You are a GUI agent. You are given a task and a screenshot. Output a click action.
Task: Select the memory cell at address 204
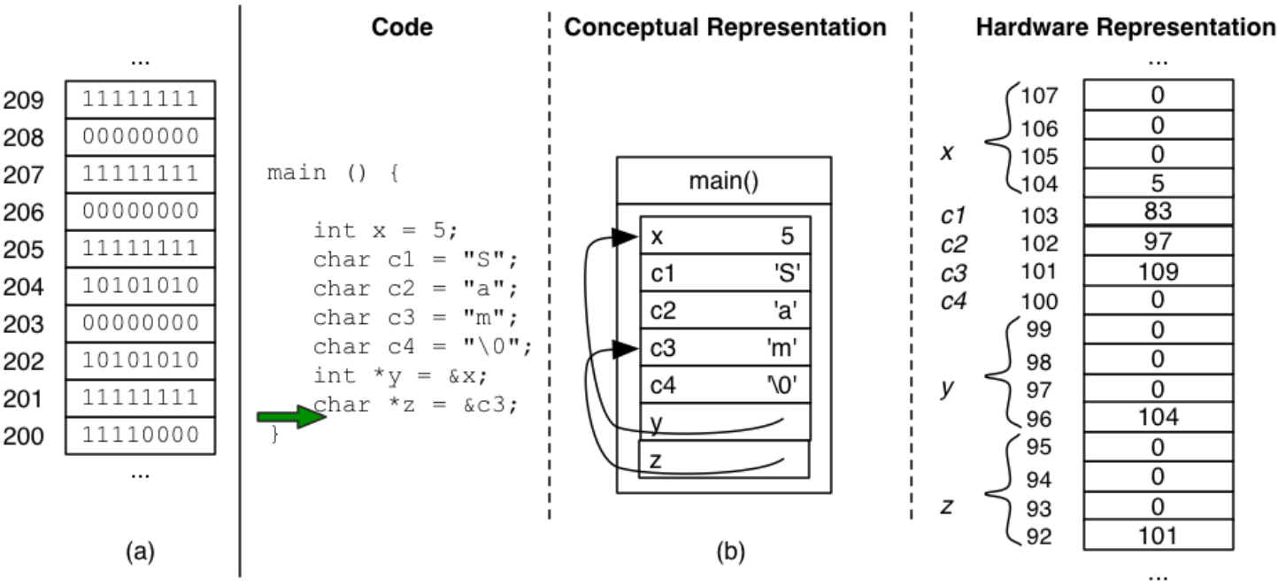pyautogui.click(x=140, y=286)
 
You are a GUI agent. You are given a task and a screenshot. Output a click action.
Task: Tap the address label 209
pyautogui.click(x=24, y=100)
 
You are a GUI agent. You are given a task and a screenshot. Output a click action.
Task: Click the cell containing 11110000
pyautogui.click(x=140, y=435)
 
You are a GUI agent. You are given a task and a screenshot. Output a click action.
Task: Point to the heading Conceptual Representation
pyautogui.click(x=725, y=27)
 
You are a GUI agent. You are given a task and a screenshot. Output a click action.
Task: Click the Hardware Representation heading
pyautogui.click(x=1125, y=27)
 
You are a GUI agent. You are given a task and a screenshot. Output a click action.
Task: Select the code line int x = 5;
pyautogui.click(x=385, y=230)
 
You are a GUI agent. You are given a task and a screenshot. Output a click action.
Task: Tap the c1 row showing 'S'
pyautogui.click(x=724, y=274)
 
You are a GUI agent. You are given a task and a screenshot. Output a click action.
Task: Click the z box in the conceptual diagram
pyautogui.click(x=724, y=459)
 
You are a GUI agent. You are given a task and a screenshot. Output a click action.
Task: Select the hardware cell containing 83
pyautogui.click(x=1158, y=212)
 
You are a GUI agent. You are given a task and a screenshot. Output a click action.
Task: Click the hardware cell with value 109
pyautogui.click(x=1158, y=271)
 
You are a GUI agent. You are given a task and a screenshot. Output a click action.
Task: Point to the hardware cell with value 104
pyautogui.click(x=1158, y=417)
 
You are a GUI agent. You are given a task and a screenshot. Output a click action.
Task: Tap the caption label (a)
pyautogui.click(x=140, y=553)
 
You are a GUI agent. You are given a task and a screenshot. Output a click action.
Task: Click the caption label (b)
pyautogui.click(x=730, y=553)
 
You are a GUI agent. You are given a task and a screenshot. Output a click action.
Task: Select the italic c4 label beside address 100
pyautogui.click(x=952, y=301)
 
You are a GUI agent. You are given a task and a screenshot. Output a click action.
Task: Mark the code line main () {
pyautogui.click(x=333, y=172)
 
